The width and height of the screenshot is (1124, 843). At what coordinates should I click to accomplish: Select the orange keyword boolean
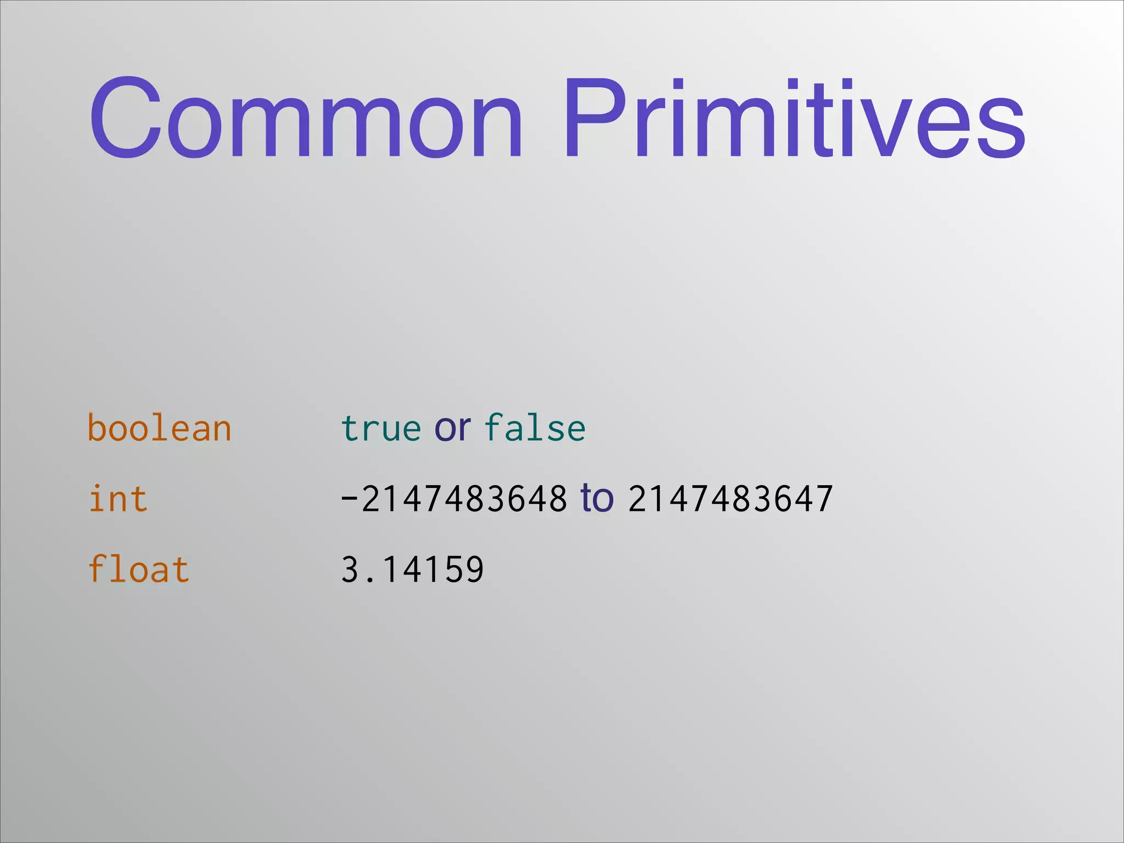click(159, 428)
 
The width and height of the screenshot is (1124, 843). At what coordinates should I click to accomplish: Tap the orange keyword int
click(118, 499)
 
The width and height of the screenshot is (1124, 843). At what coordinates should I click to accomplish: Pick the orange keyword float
click(138, 569)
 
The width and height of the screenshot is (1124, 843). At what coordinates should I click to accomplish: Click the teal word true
click(380, 428)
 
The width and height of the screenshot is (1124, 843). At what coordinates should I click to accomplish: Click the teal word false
click(535, 428)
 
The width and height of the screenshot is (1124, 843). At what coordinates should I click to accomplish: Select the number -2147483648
click(454, 499)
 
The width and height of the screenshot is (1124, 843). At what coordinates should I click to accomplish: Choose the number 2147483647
click(730, 499)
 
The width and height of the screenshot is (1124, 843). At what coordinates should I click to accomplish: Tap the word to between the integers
click(597, 498)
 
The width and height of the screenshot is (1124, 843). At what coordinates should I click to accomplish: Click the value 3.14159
click(412, 569)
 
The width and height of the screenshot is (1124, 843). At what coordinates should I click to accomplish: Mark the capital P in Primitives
click(595, 118)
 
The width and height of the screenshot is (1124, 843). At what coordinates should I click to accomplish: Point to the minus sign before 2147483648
click(349, 499)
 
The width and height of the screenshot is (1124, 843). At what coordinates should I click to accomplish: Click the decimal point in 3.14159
click(371, 579)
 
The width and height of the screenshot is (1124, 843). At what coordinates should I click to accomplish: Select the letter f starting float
click(97, 568)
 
